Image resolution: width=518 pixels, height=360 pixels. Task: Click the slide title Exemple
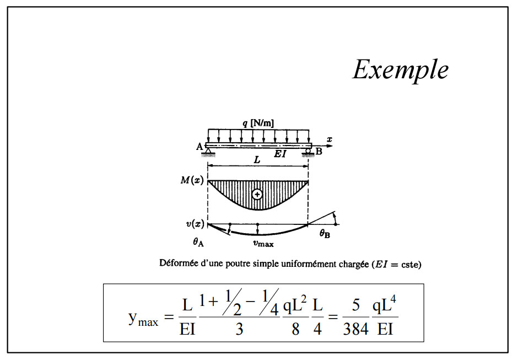(x=400, y=70)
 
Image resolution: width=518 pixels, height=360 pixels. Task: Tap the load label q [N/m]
(x=258, y=123)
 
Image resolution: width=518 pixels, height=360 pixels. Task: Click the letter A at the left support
(x=199, y=146)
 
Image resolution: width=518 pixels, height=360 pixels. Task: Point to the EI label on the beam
(x=280, y=155)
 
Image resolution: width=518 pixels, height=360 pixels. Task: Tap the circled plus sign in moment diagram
(x=257, y=194)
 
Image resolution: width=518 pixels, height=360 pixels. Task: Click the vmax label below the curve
(x=263, y=243)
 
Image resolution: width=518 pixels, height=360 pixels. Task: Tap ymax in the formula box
(x=142, y=319)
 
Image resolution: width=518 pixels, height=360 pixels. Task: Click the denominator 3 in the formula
(x=239, y=330)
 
